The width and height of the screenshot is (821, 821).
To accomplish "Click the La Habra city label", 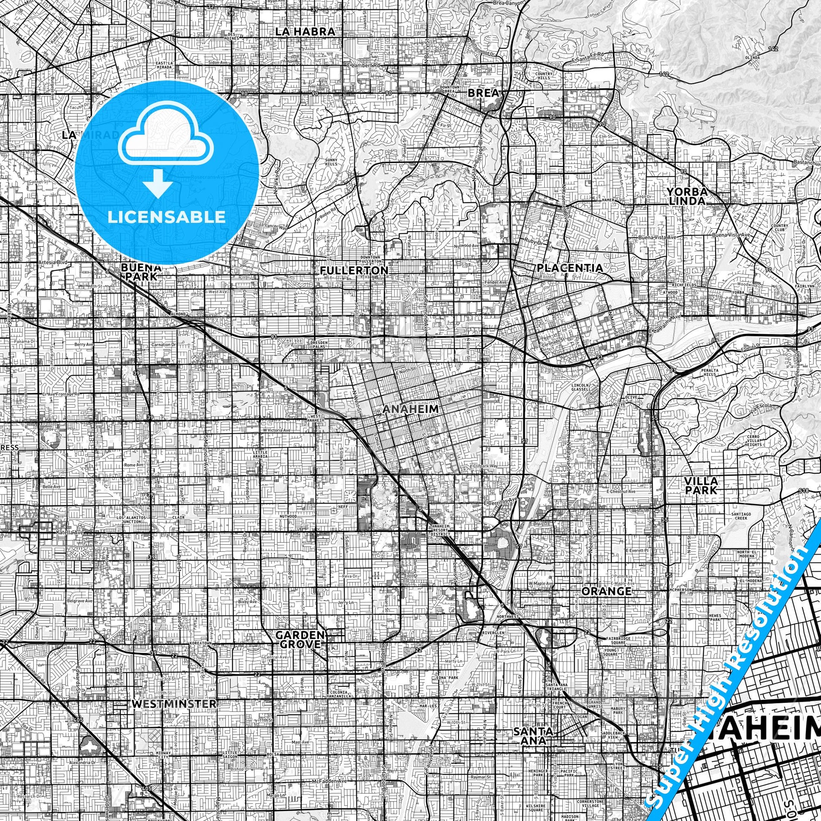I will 305,31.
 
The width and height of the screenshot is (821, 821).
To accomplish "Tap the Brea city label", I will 482,93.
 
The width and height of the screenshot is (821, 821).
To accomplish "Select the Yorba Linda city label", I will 686,196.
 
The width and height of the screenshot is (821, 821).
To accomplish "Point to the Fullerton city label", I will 354,270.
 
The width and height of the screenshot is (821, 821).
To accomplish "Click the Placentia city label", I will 570,268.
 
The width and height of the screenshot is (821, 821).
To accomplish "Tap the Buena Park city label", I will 141,272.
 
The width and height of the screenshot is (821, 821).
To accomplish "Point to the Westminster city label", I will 174,704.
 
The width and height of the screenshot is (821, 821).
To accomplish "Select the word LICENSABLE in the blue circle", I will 167,217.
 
